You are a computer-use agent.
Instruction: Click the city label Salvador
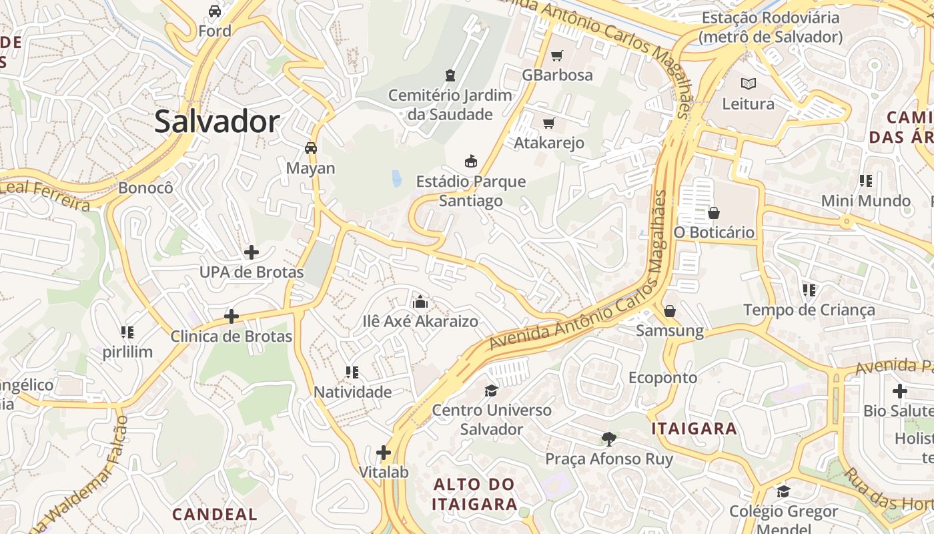click(x=217, y=122)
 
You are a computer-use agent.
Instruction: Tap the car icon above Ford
click(x=215, y=11)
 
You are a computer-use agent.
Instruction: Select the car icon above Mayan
click(x=311, y=148)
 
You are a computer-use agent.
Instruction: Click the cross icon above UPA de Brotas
click(x=252, y=252)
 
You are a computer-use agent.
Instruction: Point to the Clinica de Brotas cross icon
click(x=231, y=316)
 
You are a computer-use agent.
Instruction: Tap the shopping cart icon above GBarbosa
click(x=557, y=55)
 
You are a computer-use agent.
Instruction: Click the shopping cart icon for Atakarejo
click(x=548, y=123)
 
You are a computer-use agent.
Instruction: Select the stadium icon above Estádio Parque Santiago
click(x=471, y=161)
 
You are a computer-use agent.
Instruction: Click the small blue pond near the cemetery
click(x=397, y=178)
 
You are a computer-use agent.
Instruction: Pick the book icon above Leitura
click(x=749, y=84)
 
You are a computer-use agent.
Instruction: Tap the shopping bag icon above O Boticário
click(x=714, y=213)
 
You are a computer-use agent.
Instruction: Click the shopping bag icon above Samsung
click(x=670, y=311)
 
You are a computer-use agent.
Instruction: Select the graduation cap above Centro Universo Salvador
click(x=492, y=390)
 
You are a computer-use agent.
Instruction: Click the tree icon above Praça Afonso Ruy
click(x=608, y=439)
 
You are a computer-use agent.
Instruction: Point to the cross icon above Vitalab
click(x=384, y=453)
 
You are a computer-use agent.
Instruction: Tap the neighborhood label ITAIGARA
click(x=694, y=429)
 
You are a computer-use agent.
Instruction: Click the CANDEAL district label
click(x=214, y=514)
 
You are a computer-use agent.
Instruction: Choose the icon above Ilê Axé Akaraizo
click(x=420, y=302)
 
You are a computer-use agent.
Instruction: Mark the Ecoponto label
click(x=662, y=378)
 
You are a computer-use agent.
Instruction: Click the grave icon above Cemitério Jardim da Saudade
click(x=450, y=75)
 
